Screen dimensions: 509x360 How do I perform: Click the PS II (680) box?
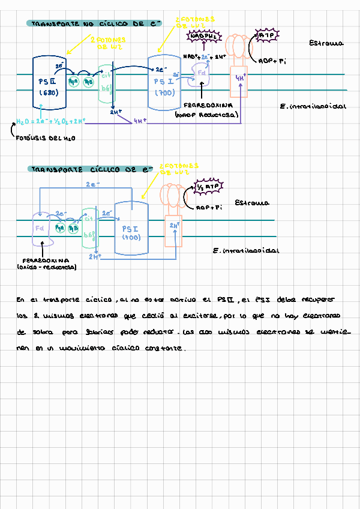click(49, 83)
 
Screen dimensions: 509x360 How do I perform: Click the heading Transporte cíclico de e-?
click(90, 170)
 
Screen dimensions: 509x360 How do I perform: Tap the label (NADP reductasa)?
click(206, 114)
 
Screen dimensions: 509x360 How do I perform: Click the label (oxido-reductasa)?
click(46, 268)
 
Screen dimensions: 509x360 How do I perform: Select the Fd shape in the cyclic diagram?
click(41, 229)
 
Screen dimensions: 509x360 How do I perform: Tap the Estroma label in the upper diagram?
click(326, 43)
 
